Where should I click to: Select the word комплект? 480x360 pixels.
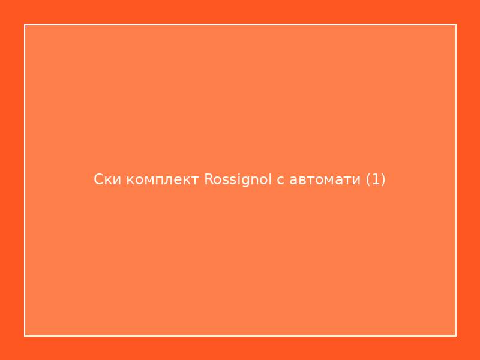[x=162, y=179]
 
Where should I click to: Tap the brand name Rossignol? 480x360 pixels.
[x=238, y=179]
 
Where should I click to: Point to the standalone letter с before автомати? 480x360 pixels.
[x=280, y=180]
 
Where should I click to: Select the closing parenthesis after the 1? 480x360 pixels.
[x=383, y=179]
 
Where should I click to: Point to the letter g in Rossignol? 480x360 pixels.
[x=247, y=181]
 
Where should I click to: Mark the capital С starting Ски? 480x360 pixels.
[x=99, y=179]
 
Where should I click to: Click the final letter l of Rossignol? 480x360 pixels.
[x=271, y=179]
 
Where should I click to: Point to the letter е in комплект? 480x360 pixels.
[x=181, y=180]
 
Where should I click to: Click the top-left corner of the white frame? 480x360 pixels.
[x=25, y=25]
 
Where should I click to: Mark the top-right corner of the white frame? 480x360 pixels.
[x=456, y=25]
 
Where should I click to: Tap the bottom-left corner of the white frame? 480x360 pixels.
[x=25, y=335]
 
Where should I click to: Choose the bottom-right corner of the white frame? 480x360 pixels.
[x=456, y=335]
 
